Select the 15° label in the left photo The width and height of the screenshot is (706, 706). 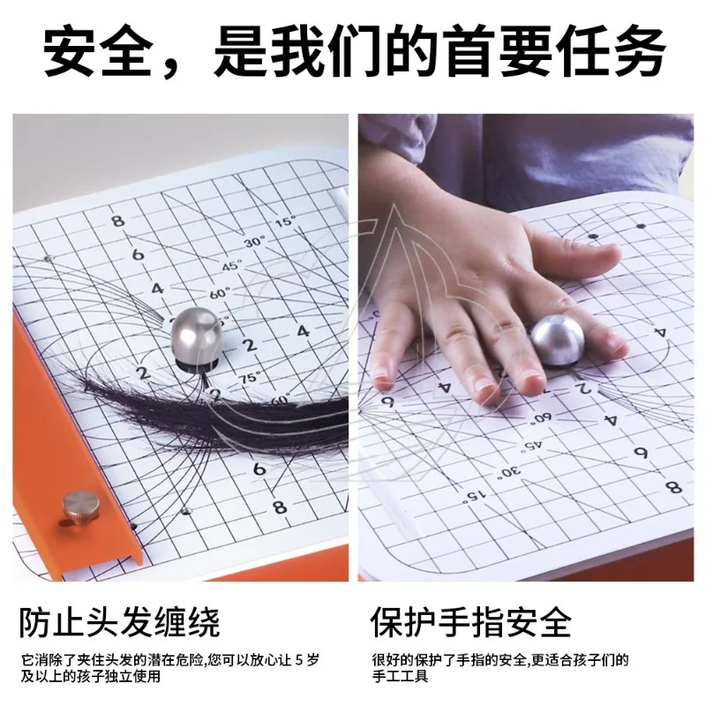click(x=285, y=222)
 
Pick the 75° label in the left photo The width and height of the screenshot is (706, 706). click(x=251, y=378)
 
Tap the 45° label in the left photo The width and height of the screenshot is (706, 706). click(x=232, y=266)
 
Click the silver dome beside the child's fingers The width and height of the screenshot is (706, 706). click(x=557, y=339)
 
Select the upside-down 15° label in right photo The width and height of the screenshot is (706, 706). click(x=476, y=496)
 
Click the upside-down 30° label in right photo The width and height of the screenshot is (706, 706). click(x=510, y=472)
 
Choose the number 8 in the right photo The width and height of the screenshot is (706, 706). click(x=673, y=487)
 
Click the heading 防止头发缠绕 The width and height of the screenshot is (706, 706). click(x=119, y=623)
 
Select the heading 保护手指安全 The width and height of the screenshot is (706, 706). click(x=471, y=623)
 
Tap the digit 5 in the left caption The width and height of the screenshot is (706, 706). click(x=299, y=660)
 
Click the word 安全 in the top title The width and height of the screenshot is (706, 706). click(x=97, y=51)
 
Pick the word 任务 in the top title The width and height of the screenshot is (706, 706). click(x=610, y=51)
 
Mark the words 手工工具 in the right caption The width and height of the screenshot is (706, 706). click(x=400, y=676)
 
